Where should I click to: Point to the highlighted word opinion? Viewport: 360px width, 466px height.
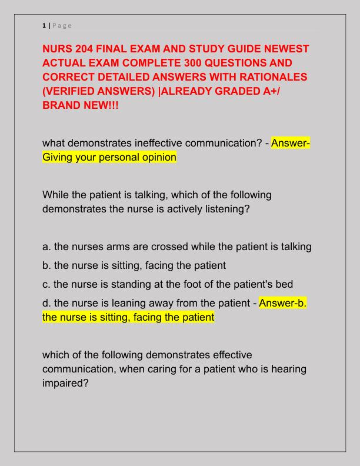(x=158, y=158)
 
